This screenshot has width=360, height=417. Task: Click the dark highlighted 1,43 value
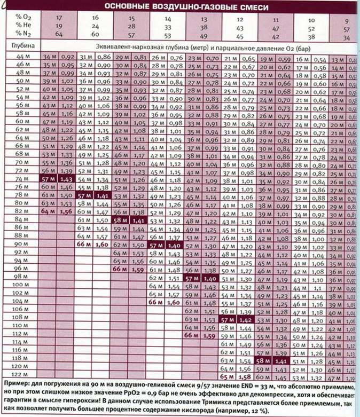click(68, 179)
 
